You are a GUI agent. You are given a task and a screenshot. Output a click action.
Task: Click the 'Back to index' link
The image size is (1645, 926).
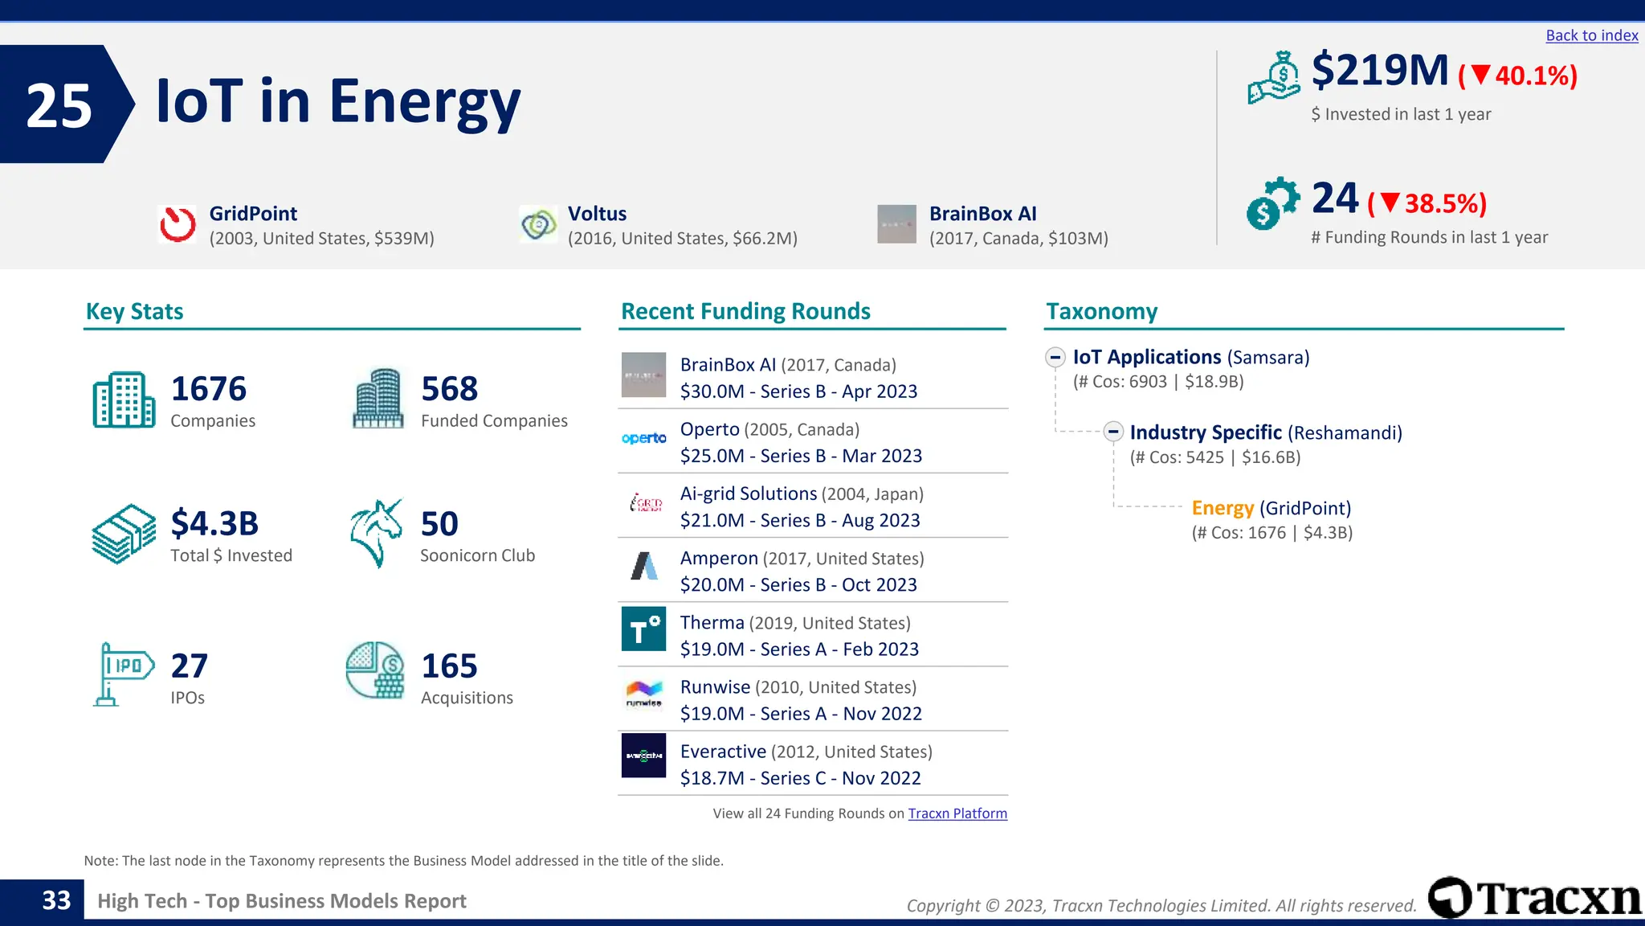coord(1591,35)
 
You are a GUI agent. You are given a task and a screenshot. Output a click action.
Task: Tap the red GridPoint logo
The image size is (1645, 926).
coord(178,224)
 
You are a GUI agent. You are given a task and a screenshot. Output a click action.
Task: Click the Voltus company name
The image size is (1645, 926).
coord(597,214)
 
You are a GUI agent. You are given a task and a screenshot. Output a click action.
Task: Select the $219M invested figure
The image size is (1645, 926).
coord(1379,71)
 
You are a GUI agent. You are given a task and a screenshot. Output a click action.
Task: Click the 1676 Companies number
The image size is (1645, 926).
coord(208,389)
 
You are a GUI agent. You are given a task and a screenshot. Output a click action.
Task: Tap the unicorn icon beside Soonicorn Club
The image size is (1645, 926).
coord(376,533)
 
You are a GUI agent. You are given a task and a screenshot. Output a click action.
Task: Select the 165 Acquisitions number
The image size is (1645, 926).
coord(449,666)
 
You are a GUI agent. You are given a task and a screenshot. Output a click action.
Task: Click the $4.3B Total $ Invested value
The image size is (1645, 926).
coord(214,524)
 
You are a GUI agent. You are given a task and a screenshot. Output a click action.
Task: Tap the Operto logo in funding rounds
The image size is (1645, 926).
coord(643,438)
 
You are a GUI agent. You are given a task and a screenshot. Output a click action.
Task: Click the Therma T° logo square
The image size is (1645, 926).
coord(643,629)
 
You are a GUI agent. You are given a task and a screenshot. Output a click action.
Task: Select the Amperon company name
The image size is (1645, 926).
coord(719,559)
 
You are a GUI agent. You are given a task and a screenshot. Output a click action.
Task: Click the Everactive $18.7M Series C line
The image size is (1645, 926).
coord(800,778)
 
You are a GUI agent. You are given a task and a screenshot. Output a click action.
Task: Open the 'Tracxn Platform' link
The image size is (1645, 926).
coord(957,813)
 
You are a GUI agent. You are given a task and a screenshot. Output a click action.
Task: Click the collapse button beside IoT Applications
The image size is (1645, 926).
coord(1055,357)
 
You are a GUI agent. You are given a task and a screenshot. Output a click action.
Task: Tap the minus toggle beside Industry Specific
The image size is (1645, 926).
coord(1112,432)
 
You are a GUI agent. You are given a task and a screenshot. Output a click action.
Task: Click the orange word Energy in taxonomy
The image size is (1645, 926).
coord(1222,508)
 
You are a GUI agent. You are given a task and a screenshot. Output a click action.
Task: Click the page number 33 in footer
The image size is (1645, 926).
coord(56,900)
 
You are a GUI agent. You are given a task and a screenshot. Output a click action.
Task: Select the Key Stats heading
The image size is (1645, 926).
coord(134,312)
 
